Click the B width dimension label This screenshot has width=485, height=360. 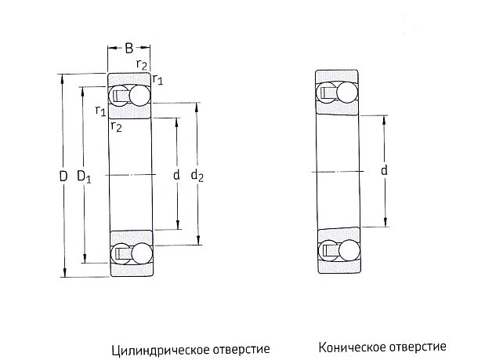click(x=129, y=49)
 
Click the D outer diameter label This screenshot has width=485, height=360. click(x=63, y=176)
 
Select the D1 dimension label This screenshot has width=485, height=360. click(x=84, y=177)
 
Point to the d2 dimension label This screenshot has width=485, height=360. click(x=197, y=176)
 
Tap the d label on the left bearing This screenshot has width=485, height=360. click(x=176, y=175)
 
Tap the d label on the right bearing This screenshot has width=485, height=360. click(x=384, y=170)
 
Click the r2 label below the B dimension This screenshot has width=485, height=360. click(x=141, y=64)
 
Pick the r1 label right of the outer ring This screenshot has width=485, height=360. click(x=157, y=79)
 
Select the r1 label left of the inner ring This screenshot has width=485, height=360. click(x=100, y=111)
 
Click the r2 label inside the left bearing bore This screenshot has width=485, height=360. click(x=116, y=126)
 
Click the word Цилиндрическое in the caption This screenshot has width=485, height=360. click(x=157, y=350)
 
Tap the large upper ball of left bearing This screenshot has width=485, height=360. click(x=139, y=95)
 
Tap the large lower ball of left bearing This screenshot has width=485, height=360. click(x=142, y=253)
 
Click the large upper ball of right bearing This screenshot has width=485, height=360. click(x=347, y=92)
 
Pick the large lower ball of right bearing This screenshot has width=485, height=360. click(x=349, y=250)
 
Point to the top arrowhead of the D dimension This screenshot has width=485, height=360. click(x=62, y=78)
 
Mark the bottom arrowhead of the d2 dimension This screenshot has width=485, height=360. click(x=198, y=241)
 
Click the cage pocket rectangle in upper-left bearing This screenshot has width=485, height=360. click(x=119, y=96)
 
